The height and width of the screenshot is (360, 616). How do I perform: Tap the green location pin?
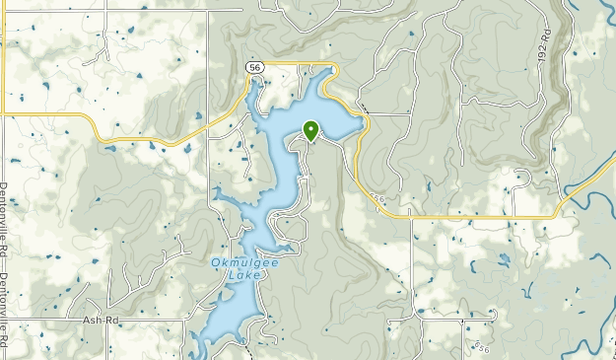(311, 131)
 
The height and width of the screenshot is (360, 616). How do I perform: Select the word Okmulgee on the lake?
(236, 262)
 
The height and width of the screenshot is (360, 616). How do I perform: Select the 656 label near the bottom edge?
(480, 347)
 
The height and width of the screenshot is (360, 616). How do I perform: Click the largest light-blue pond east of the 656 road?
(504, 259)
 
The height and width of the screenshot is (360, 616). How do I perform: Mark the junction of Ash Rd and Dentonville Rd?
(5, 320)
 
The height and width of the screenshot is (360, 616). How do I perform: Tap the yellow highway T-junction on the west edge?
(5, 115)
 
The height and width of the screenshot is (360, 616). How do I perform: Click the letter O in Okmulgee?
(215, 262)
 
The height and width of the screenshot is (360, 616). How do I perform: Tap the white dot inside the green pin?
(311, 127)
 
